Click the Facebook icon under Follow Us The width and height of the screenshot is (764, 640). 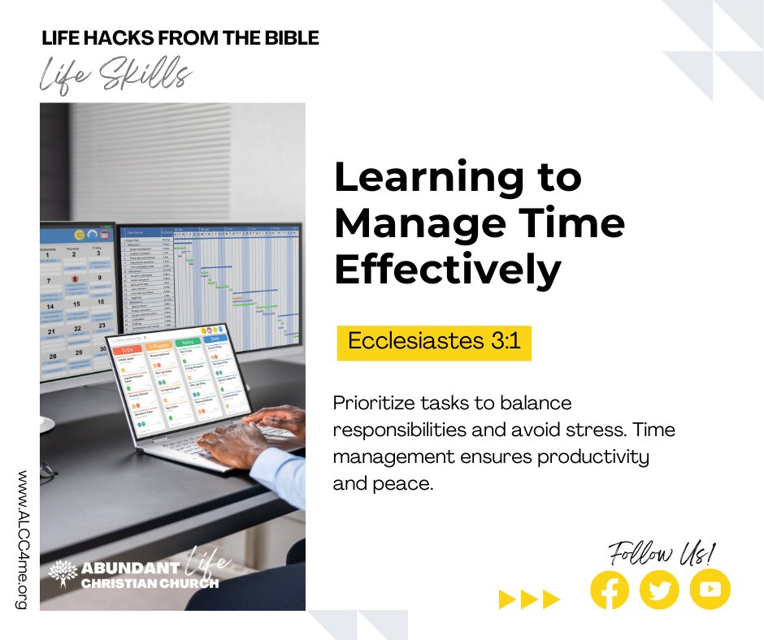pos(610,590)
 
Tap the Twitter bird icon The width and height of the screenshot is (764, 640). pos(659,590)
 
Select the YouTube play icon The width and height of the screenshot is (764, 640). pos(710,590)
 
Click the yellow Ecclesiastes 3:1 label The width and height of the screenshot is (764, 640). pos(434,341)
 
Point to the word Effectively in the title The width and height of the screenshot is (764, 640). pos(448,270)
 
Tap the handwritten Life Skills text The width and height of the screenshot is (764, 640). pos(115,76)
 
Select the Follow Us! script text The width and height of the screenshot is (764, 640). pos(662,555)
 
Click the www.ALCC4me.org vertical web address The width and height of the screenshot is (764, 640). pos(21,541)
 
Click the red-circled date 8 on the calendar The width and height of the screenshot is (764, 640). pos(75,279)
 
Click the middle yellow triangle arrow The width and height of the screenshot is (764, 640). pos(529,600)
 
